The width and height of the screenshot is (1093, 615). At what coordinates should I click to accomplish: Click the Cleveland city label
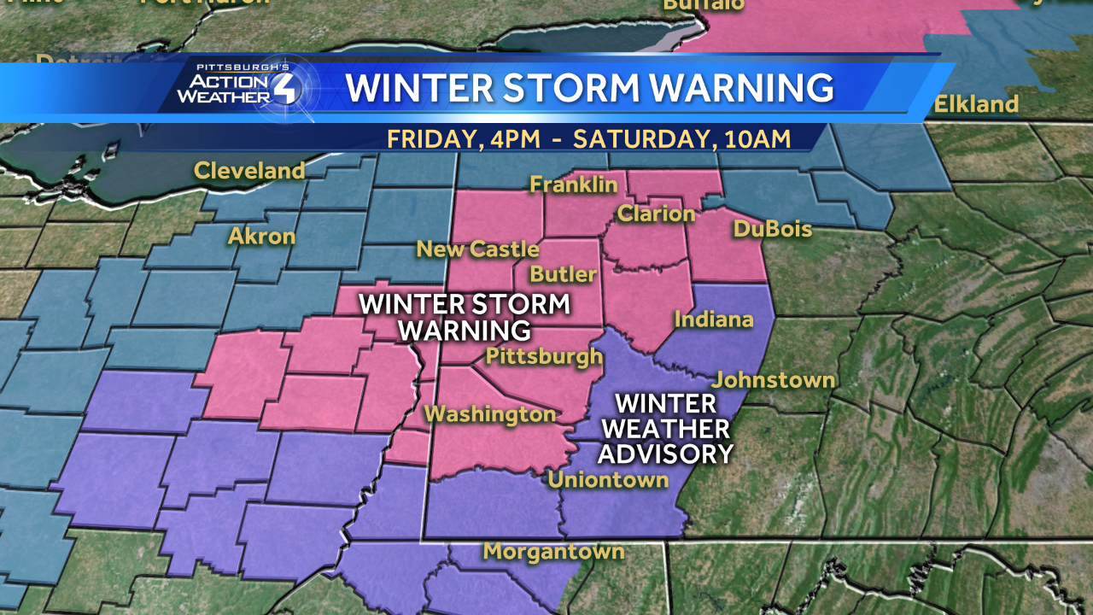249,171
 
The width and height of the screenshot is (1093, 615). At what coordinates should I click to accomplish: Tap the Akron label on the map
262,237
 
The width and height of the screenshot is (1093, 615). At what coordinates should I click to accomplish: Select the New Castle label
477,249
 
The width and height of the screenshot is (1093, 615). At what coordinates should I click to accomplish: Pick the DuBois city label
772,229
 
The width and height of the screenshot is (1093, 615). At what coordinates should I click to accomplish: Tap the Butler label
563,274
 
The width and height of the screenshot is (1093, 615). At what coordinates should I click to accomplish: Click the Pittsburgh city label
544,356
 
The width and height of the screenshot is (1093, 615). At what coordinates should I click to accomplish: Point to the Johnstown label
774,380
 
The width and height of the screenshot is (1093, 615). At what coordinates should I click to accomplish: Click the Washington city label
490,415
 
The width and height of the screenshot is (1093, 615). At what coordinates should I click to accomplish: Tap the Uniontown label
608,480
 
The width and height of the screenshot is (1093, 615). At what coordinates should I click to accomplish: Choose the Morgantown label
553,552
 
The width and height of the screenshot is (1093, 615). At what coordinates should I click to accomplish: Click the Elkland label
976,105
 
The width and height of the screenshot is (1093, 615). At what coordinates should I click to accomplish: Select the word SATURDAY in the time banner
644,138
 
